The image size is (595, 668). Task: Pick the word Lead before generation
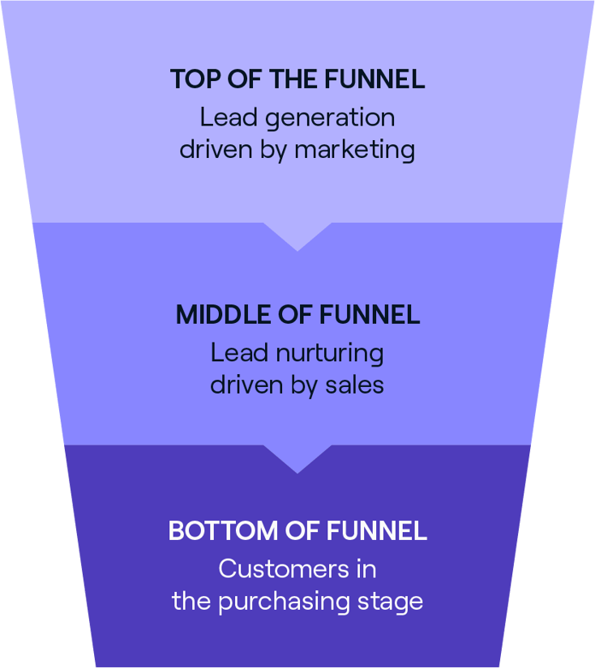point(225,117)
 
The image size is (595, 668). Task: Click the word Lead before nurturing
point(235,353)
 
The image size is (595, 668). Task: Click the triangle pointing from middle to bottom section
point(297,457)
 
